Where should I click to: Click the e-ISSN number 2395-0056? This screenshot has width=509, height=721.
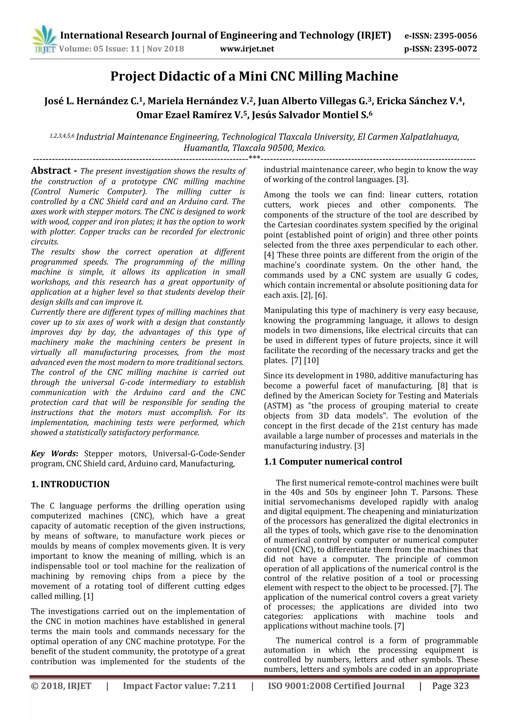click(455, 36)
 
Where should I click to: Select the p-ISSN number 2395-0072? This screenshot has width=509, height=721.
click(455, 49)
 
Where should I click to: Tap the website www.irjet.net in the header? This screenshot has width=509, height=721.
click(247, 49)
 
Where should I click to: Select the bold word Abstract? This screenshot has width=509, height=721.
click(51, 170)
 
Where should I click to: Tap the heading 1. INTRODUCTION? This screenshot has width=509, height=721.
click(70, 484)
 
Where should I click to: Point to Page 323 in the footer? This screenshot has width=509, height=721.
click(450, 686)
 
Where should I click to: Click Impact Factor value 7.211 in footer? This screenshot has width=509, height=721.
click(179, 686)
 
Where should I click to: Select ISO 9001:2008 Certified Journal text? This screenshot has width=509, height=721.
click(336, 686)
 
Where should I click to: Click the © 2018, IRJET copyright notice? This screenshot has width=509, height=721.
click(61, 686)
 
